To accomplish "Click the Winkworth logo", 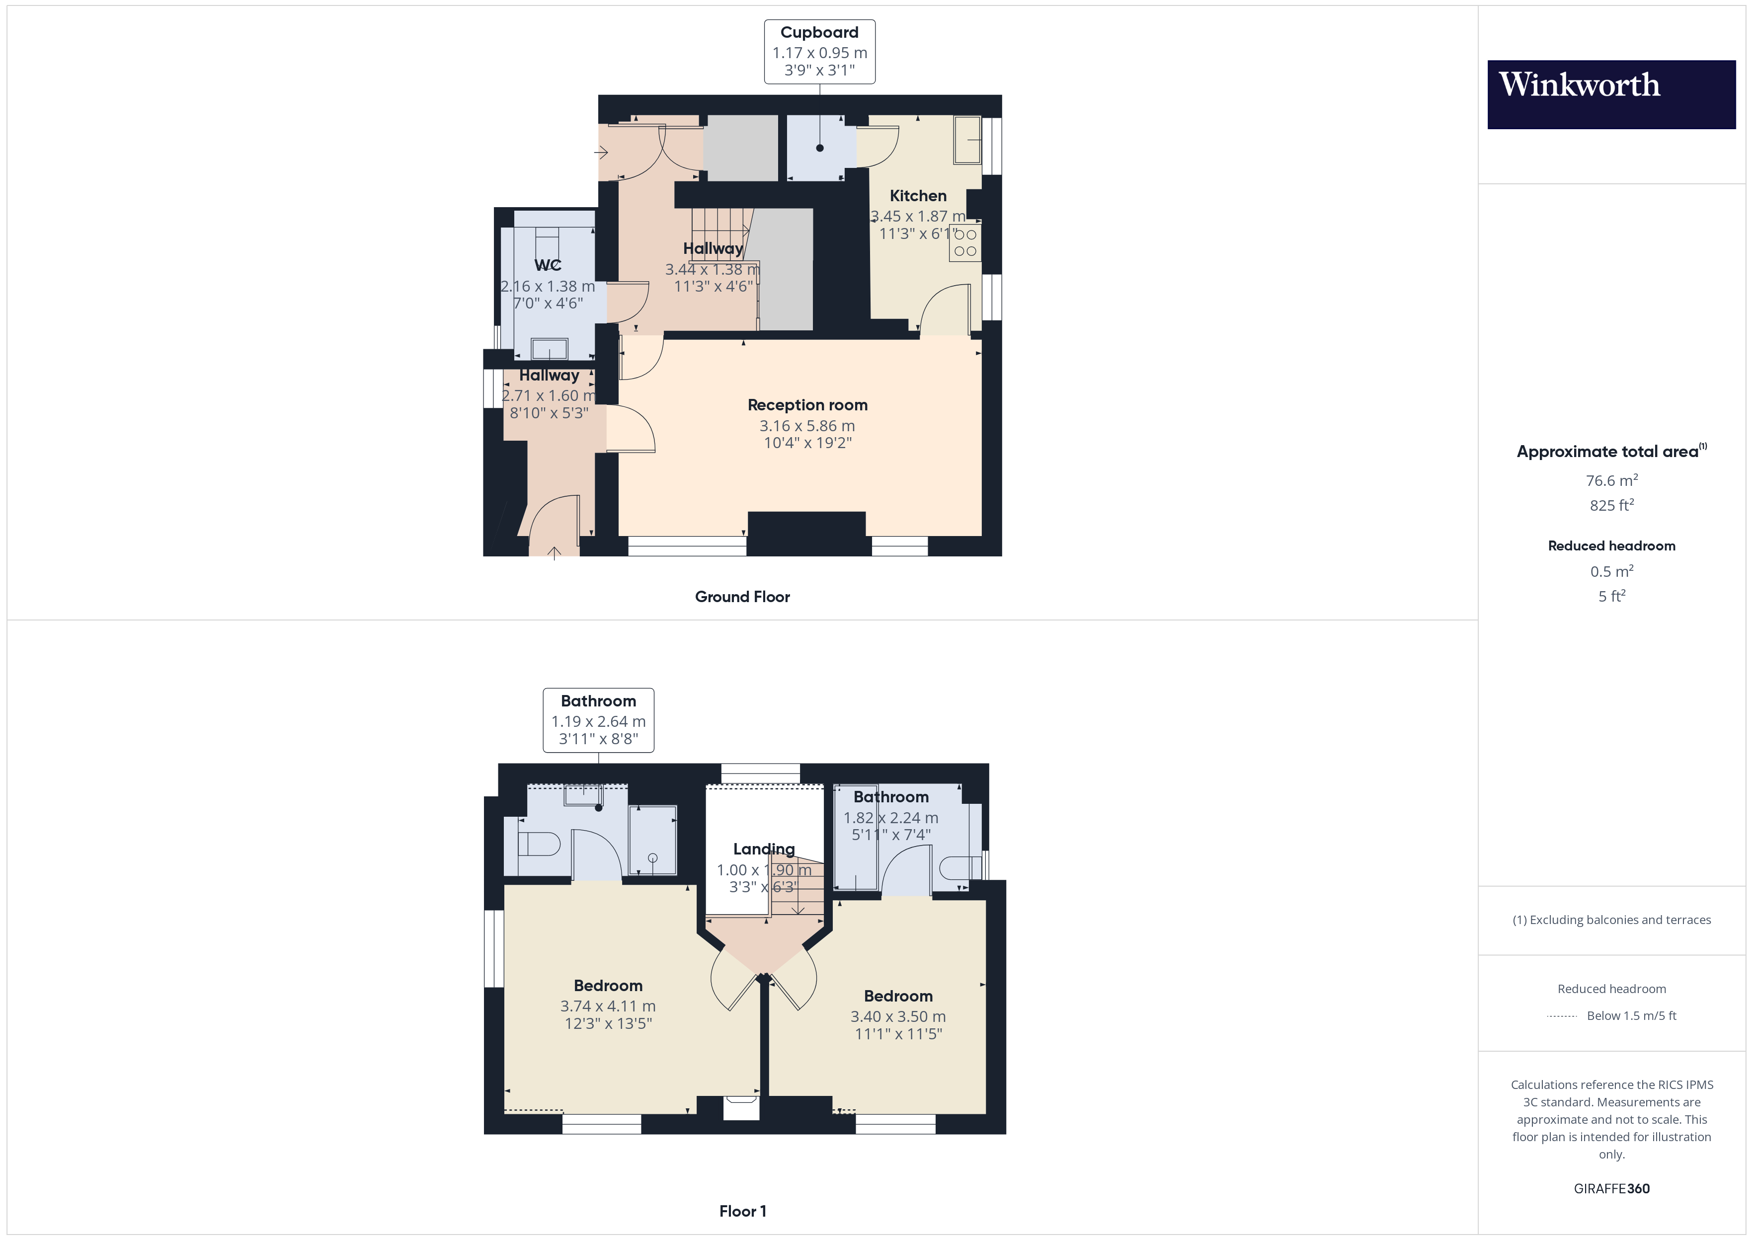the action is click(x=1611, y=95).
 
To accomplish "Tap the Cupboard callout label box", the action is click(x=819, y=51).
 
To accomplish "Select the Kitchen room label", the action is click(x=918, y=196).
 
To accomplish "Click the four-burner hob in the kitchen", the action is click(x=965, y=242).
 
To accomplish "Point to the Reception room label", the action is click(x=807, y=405).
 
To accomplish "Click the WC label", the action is click(x=548, y=265).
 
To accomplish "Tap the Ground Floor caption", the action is click(x=742, y=597).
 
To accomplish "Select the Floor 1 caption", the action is click(x=742, y=1211).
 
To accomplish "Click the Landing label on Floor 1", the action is click(x=764, y=849).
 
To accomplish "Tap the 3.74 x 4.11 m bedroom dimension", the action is click(x=608, y=1007).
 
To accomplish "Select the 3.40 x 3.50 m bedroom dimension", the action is click(x=898, y=1017).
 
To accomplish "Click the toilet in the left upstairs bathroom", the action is click(x=539, y=844).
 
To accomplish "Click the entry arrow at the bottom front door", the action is click(x=555, y=553).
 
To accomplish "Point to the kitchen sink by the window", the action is click(x=967, y=140).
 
